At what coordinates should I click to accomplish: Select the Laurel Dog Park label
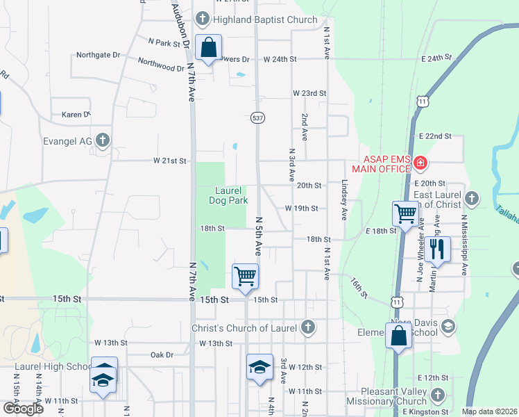[228, 195]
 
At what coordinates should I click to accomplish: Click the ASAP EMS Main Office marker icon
[420, 164]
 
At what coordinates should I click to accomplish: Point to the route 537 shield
[257, 118]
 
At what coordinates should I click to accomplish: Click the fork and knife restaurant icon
[437, 249]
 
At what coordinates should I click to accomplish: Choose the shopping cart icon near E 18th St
[405, 213]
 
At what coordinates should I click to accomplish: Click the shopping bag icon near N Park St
[208, 47]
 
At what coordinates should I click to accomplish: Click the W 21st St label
[170, 161]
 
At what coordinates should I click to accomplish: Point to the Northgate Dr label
[98, 54]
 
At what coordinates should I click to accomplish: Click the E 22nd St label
[435, 136]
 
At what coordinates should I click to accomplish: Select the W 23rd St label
[309, 93]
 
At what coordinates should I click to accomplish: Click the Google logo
[23, 409]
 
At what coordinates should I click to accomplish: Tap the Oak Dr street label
[162, 354]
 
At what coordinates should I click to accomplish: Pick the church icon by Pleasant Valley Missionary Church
[437, 395]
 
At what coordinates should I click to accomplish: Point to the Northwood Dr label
[161, 66]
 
